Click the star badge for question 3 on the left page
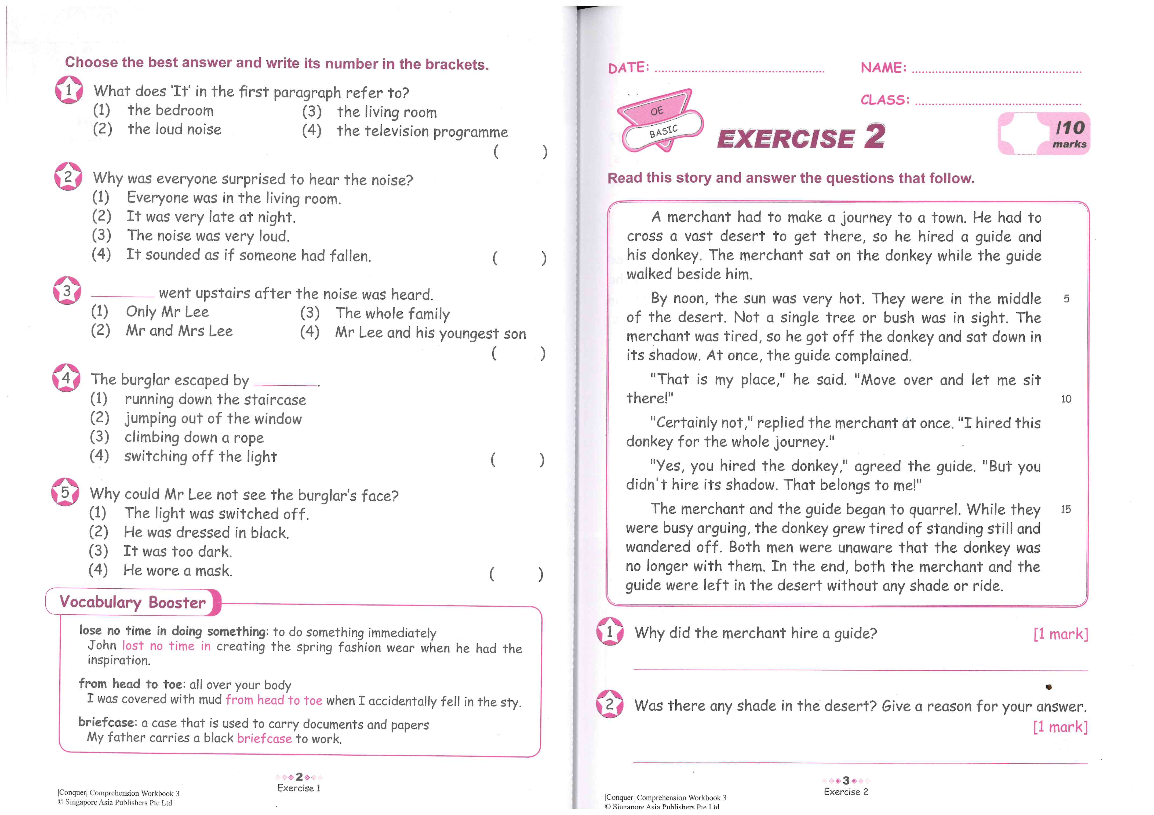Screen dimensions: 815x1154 tap(67, 291)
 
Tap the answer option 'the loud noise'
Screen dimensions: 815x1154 tap(174, 129)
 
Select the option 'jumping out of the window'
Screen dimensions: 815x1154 tap(213, 418)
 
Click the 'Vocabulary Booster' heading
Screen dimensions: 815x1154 tap(133, 602)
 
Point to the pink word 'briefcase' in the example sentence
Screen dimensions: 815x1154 tap(264, 738)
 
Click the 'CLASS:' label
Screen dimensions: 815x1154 tap(884, 100)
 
